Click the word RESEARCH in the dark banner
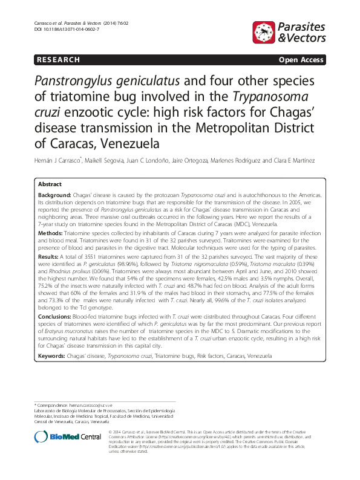tap(59, 60)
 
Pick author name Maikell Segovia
tap(110, 161)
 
